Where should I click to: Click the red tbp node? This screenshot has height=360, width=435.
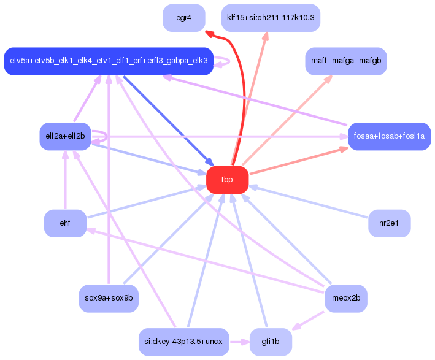tap(228, 180)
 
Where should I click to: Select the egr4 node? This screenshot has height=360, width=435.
tap(183, 18)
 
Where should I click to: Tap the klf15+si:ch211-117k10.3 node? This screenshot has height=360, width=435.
tap(271, 18)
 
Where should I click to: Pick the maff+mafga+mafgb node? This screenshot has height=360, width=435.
tap(345, 61)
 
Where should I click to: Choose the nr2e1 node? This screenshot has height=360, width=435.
tap(389, 223)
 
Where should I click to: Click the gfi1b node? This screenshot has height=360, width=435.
tap(271, 342)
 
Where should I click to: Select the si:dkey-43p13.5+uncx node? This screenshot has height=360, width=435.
tap(183, 342)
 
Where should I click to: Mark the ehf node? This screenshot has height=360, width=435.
tap(65, 223)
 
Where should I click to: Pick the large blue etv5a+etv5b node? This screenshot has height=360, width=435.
tap(109, 61)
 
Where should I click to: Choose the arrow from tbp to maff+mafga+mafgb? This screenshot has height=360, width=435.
tap(288, 117)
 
